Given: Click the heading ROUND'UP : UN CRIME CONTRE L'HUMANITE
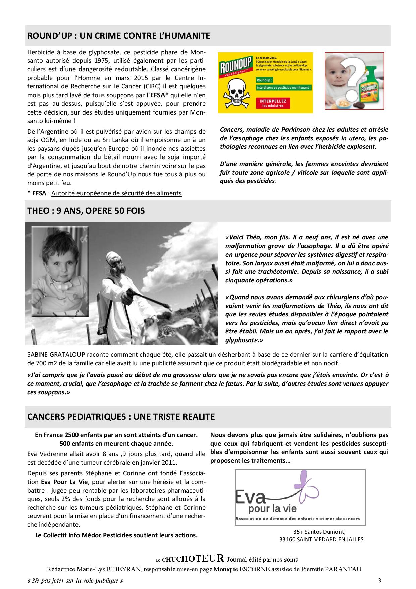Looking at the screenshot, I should [118, 36].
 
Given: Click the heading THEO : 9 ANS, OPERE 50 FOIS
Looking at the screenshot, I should [86, 211].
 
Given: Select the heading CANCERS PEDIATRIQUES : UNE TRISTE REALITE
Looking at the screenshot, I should [121, 417].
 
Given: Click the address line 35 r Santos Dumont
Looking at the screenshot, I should [319, 532].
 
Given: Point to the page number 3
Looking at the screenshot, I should [379, 580].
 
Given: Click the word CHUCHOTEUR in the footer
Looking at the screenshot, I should [193, 559].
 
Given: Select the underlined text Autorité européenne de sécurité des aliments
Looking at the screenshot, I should [116, 193].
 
